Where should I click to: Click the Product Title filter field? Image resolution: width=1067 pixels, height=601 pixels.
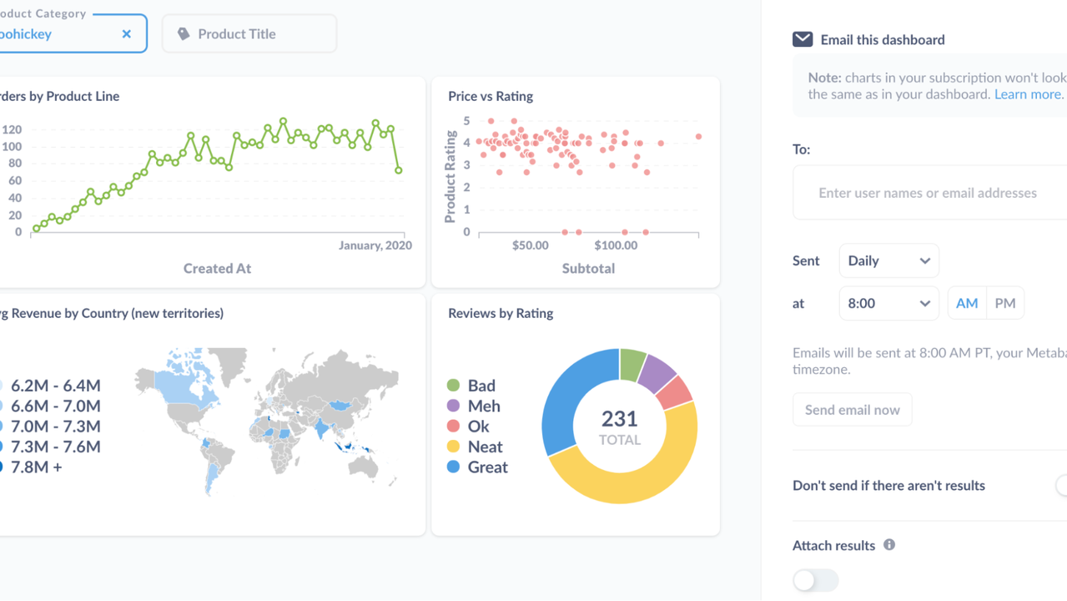[249, 34]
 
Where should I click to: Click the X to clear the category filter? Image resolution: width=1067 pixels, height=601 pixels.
[127, 34]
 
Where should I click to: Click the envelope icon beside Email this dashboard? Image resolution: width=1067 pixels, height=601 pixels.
[803, 39]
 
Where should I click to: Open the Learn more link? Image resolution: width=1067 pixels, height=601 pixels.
[1028, 94]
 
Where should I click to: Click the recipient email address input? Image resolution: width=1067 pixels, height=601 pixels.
[928, 193]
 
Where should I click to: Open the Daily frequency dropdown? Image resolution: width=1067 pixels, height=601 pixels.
[888, 260]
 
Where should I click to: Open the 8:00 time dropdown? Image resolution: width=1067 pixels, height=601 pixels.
[888, 303]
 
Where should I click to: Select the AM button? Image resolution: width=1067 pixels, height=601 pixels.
[967, 303]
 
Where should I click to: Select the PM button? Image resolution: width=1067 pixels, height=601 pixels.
[1005, 303]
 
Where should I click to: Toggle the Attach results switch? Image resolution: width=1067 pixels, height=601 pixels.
[815, 580]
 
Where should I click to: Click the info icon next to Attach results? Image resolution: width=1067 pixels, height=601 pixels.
[889, 545]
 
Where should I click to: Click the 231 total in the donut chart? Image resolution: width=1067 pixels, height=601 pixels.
[619, 419]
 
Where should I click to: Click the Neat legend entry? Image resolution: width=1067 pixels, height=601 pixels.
[485, 447]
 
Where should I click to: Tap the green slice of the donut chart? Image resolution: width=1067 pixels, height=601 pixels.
[632, 365]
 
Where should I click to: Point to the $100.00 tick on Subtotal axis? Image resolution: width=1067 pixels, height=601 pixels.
[616, 245]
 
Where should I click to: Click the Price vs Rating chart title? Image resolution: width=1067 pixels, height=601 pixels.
[491, 96]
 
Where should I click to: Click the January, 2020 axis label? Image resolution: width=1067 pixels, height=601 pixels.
[375, 245]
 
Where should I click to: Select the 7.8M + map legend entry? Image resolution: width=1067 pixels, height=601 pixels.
[36, 467]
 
